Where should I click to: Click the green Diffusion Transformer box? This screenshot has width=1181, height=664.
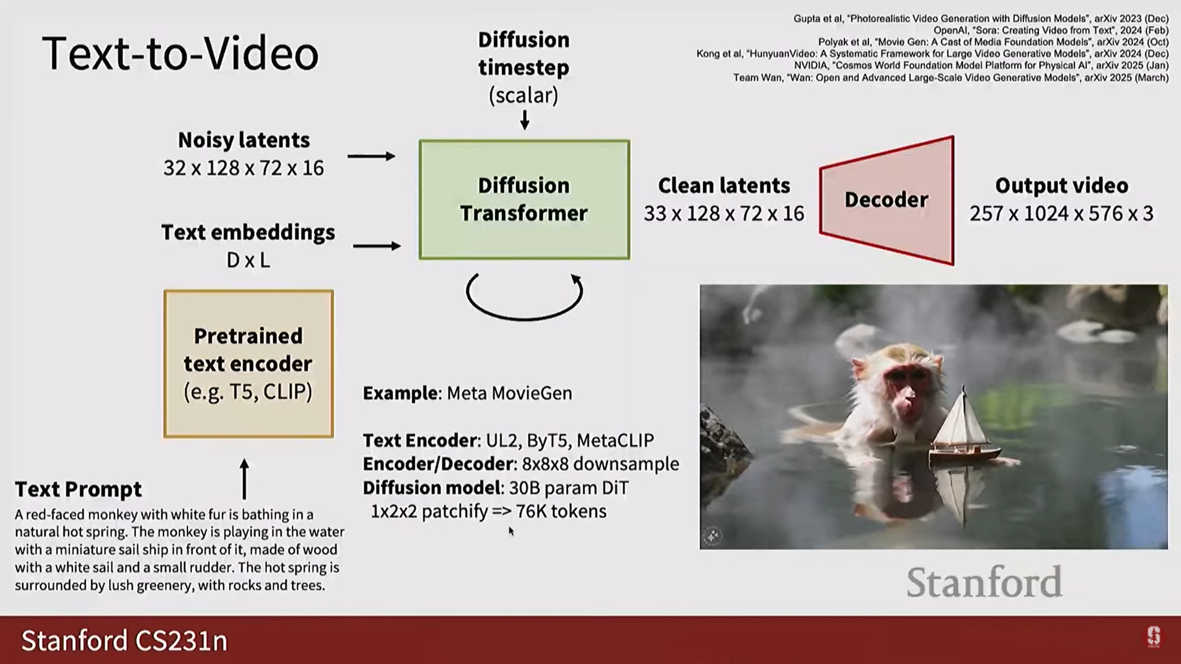524,200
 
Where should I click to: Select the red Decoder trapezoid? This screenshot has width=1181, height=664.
887,200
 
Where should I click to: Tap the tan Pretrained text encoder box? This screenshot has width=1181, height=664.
249,364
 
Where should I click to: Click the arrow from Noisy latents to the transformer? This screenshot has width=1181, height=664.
372,156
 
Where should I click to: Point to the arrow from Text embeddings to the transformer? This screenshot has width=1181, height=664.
377,246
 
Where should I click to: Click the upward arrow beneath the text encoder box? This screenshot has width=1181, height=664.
244,479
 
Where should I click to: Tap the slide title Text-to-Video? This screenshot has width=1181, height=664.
180,53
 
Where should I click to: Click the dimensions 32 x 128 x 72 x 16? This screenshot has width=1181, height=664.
244,168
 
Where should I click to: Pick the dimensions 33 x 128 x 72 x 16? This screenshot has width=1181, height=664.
724,213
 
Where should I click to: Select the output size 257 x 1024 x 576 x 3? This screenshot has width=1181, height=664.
1062,213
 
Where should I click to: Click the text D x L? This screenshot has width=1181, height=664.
249,260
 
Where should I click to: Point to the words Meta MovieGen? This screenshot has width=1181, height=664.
509,393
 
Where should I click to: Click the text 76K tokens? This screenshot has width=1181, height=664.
561,511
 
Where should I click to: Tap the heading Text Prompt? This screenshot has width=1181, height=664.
78,489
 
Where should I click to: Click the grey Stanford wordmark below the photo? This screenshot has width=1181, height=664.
984,582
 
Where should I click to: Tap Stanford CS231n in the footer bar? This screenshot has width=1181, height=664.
124,641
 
